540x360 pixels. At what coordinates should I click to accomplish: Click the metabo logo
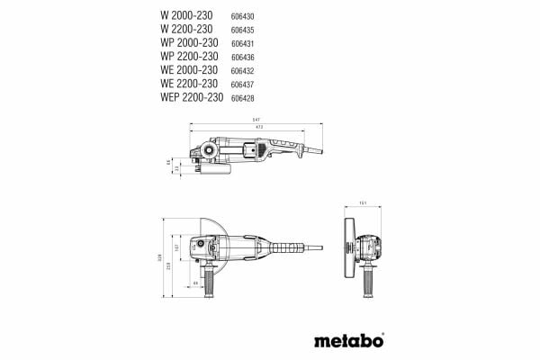point(349,341)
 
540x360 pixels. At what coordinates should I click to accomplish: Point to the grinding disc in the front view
point(347,244)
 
